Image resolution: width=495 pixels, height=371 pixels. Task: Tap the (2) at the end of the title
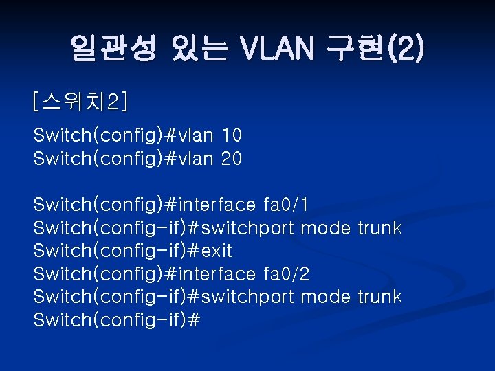tap(408, 49)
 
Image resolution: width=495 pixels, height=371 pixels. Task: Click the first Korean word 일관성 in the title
tap(113, 49)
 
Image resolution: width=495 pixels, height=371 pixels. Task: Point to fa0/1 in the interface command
tap(286, 205)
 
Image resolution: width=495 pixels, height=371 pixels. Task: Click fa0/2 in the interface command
tap(286, 274)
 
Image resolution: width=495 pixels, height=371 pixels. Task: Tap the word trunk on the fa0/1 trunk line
tap(379, 228)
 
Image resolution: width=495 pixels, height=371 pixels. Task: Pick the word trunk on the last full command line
tap(379, 297)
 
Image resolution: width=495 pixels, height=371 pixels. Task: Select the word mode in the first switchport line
tap(327, 228)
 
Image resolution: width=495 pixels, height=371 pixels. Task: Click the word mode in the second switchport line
tap(327, 297)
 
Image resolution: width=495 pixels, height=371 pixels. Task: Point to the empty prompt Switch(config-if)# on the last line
tap(116, 320)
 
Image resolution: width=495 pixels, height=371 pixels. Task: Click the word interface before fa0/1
tap(217, 205)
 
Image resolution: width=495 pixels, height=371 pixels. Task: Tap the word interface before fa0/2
tap(217, 274)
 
